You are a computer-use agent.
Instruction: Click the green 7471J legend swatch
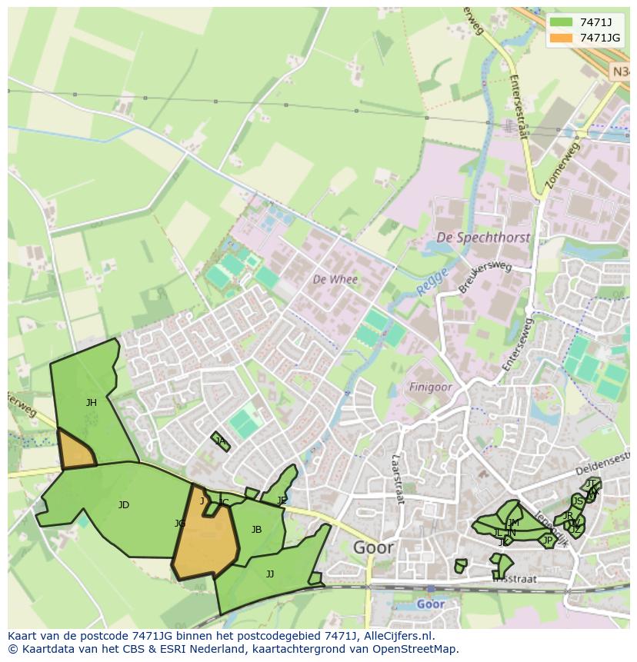pos(562,22)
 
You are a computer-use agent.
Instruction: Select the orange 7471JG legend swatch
pos(562,38)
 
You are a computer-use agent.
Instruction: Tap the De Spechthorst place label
pos(482,238)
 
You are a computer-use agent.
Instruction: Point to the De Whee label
pos(335,279)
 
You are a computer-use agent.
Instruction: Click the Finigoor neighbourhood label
pos(430,387)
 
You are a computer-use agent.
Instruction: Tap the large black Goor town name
pos(373,547)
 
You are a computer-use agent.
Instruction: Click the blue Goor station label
pos(430,604)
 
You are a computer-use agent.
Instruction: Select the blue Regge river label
pos(432,284)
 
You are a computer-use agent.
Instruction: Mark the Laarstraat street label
pos(398,477)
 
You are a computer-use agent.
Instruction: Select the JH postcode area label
pos(92,402)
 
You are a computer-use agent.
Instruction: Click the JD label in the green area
pos(123,505)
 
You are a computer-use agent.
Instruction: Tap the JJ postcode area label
pos(269,574)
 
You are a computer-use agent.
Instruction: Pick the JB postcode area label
pos(256,529)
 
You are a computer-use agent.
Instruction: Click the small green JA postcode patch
pos(221,441)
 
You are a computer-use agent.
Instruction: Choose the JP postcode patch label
pos(547,541)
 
